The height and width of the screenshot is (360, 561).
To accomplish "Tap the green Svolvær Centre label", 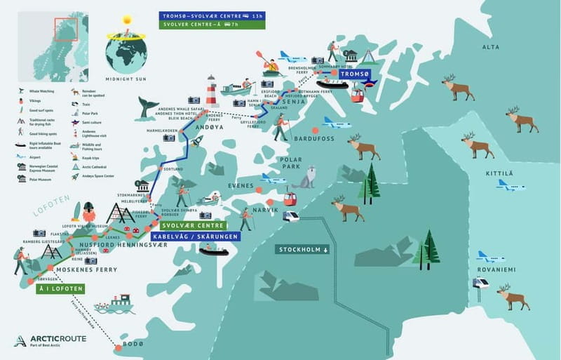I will pos(192,226).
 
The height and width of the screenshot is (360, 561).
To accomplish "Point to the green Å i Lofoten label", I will pos(61,288).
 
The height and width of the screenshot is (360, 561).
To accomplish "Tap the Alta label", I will pos(491,47).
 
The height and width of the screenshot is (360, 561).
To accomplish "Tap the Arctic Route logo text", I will pos(60,340).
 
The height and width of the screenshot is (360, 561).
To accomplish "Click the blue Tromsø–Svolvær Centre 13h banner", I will pos(212,15).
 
